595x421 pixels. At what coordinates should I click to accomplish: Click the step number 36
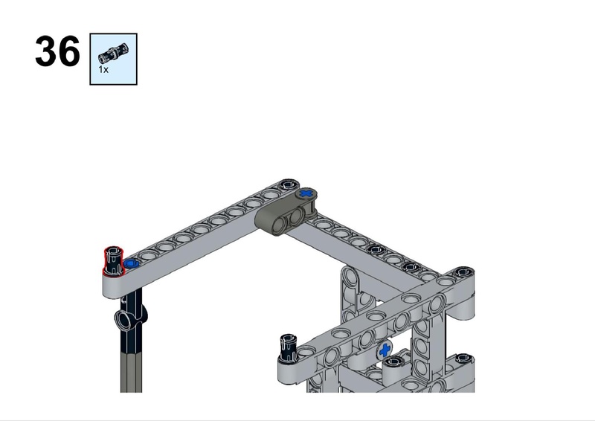58,51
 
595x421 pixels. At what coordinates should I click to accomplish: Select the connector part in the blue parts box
114,53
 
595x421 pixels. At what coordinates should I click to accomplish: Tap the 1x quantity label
103,69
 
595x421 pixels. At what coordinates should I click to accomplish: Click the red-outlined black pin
114,260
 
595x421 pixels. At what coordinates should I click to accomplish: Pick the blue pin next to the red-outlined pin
131,263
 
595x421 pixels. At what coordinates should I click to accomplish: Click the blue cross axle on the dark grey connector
306,194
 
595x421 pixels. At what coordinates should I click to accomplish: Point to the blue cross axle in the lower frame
385,350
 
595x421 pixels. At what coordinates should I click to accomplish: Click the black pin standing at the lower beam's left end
289,347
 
